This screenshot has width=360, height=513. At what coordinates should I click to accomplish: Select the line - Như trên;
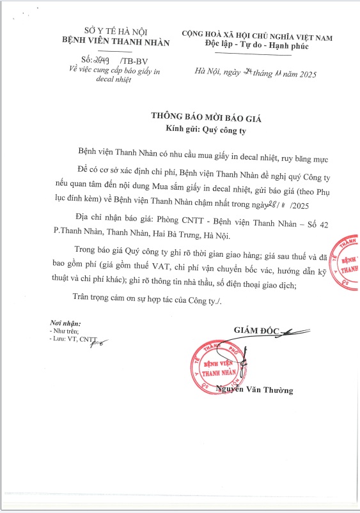pyautogui.click(x=64, y=332)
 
